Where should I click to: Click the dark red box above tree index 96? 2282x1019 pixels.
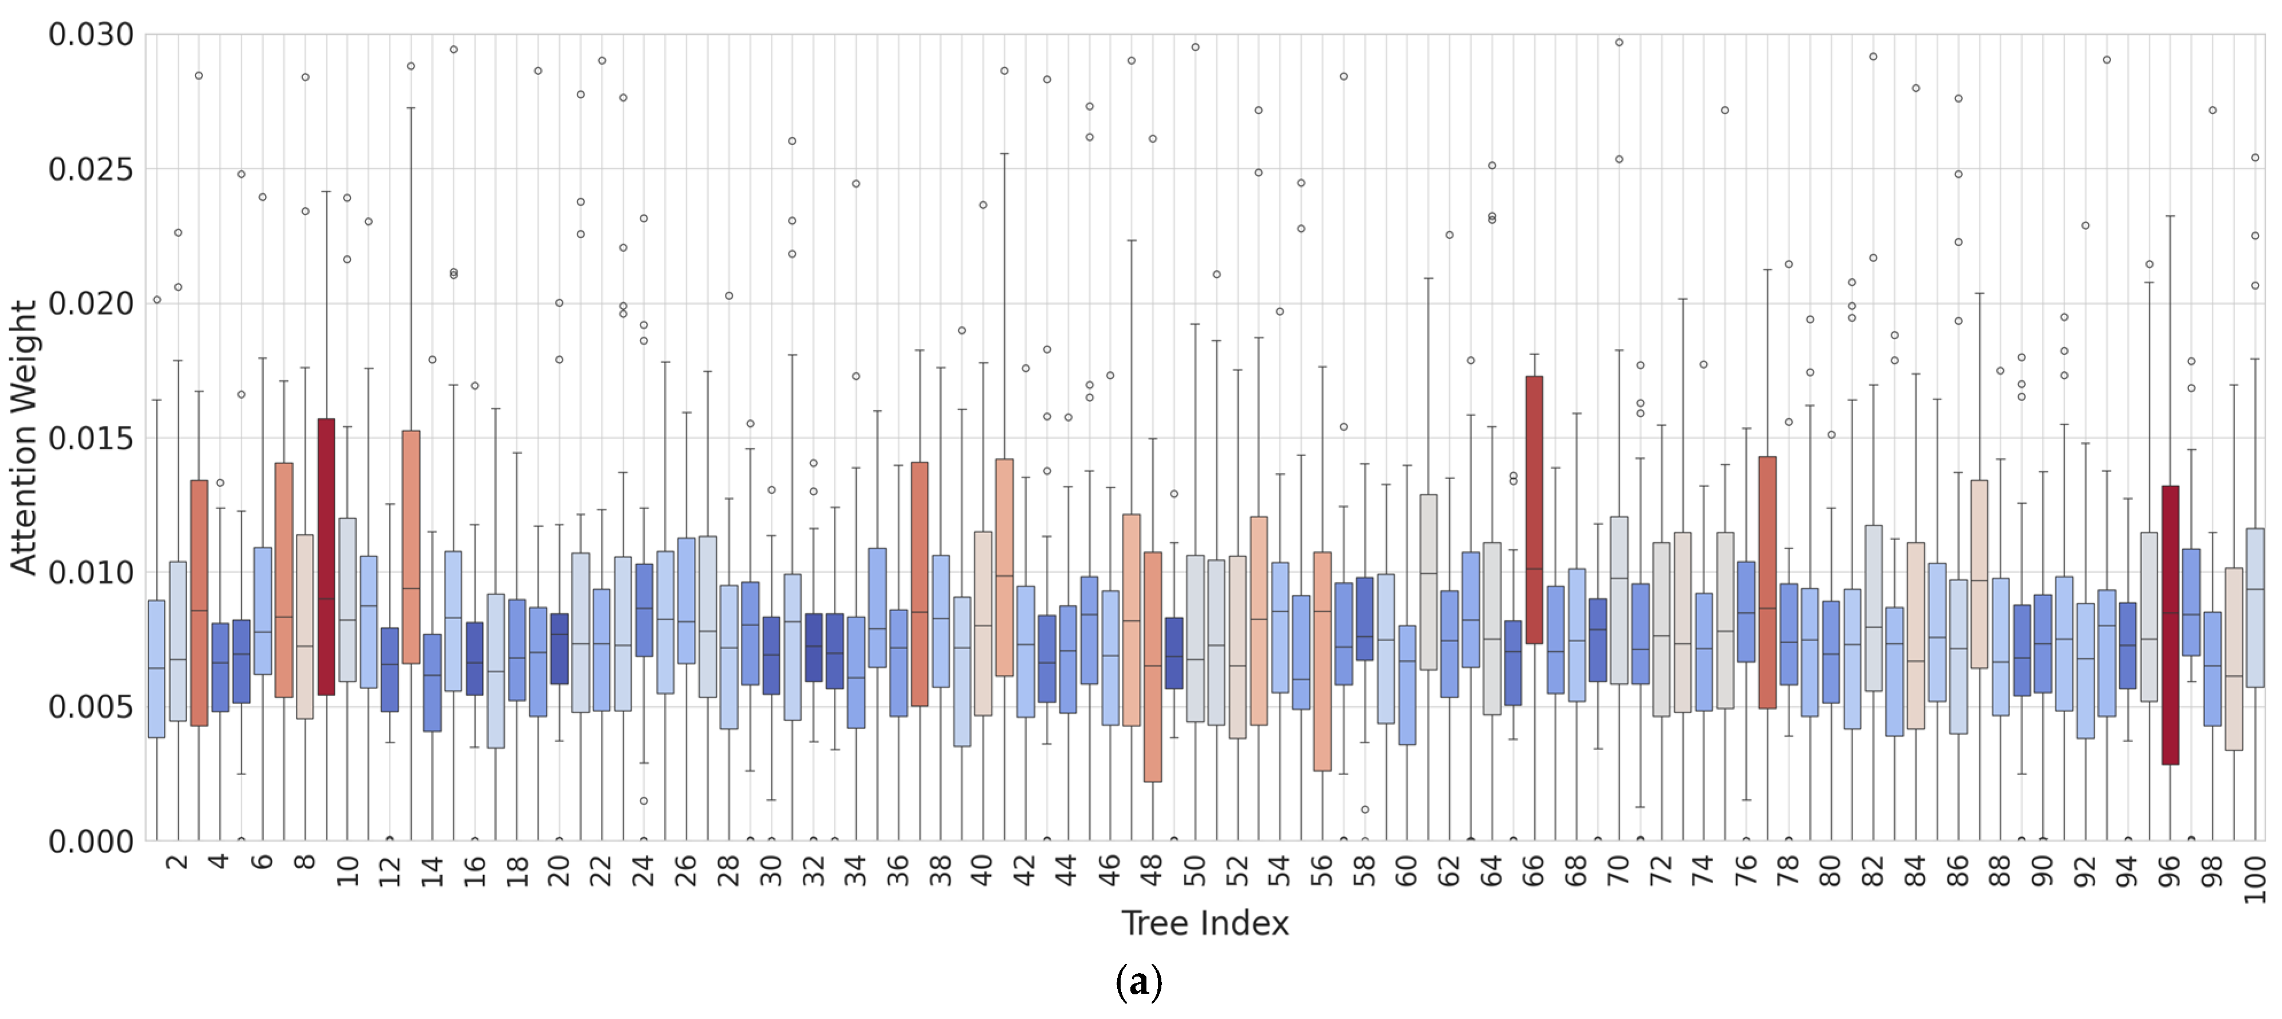point(2170,625)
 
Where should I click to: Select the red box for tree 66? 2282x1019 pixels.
point(1534,509)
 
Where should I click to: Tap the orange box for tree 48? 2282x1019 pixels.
point(1153,666)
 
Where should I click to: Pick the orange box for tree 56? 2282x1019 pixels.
point(1322,661)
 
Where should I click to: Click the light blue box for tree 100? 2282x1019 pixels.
point(2254,608)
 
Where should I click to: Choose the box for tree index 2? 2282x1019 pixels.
point(177,641)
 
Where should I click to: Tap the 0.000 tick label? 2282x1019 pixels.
point(91,841)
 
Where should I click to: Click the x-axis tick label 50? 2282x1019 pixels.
point(1195,871)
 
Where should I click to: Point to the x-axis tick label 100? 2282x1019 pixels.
point(2254,879)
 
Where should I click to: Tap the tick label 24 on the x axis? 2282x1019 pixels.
point(643,871)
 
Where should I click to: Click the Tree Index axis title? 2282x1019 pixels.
point(1205,923)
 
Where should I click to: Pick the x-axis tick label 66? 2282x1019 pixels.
point(1534,871)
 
